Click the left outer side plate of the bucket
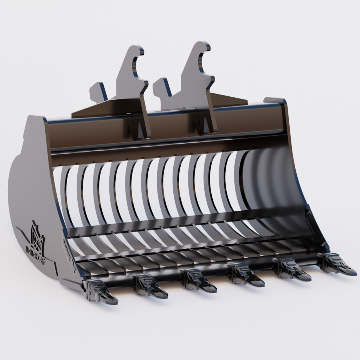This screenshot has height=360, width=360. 32,197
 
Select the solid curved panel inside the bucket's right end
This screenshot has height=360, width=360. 271,183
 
